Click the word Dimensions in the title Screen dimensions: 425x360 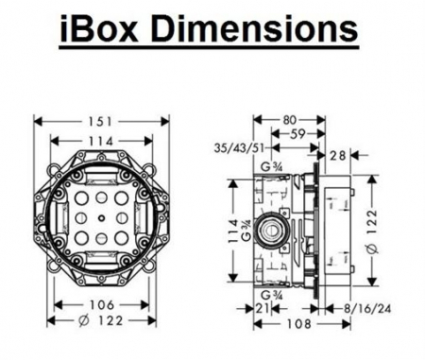coord(256,28)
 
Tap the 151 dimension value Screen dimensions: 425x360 coord(100,122)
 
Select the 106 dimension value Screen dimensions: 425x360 coord(102,305)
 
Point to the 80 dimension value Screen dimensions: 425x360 coord(290,120)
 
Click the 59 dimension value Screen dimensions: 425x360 coord(297,134)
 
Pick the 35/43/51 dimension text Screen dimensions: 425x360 coord(239,147)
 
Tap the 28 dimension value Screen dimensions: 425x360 coord(338,155)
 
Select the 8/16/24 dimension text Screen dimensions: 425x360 coord(367,309)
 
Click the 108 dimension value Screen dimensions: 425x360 coord(298,324)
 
